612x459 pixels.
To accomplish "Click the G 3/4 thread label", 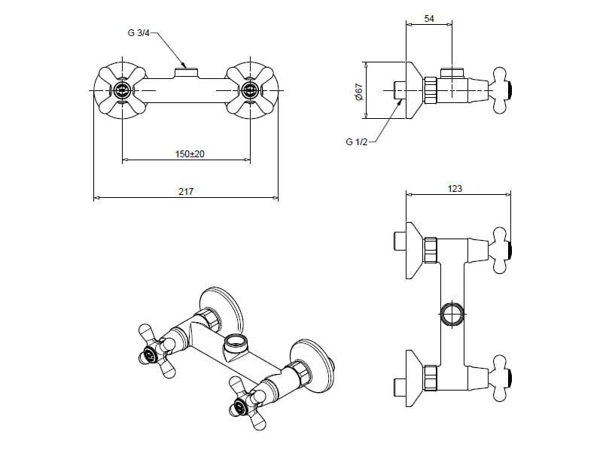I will pos(139,33).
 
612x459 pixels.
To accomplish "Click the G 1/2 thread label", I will pos(355,141).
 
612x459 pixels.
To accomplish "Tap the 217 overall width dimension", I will pos(186,192).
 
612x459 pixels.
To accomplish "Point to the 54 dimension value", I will pos(429,18).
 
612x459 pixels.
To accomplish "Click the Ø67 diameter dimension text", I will pos(359,91).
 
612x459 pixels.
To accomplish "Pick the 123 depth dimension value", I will pos(455,189).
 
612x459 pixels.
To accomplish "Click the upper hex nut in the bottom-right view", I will pos(431,249).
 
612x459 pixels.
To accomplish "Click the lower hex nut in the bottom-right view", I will pos(431,376).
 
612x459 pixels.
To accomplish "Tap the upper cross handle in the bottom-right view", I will pos(501,249).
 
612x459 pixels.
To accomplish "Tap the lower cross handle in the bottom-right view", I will pos(501,376).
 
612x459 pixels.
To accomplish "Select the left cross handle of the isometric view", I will pos(157,350).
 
